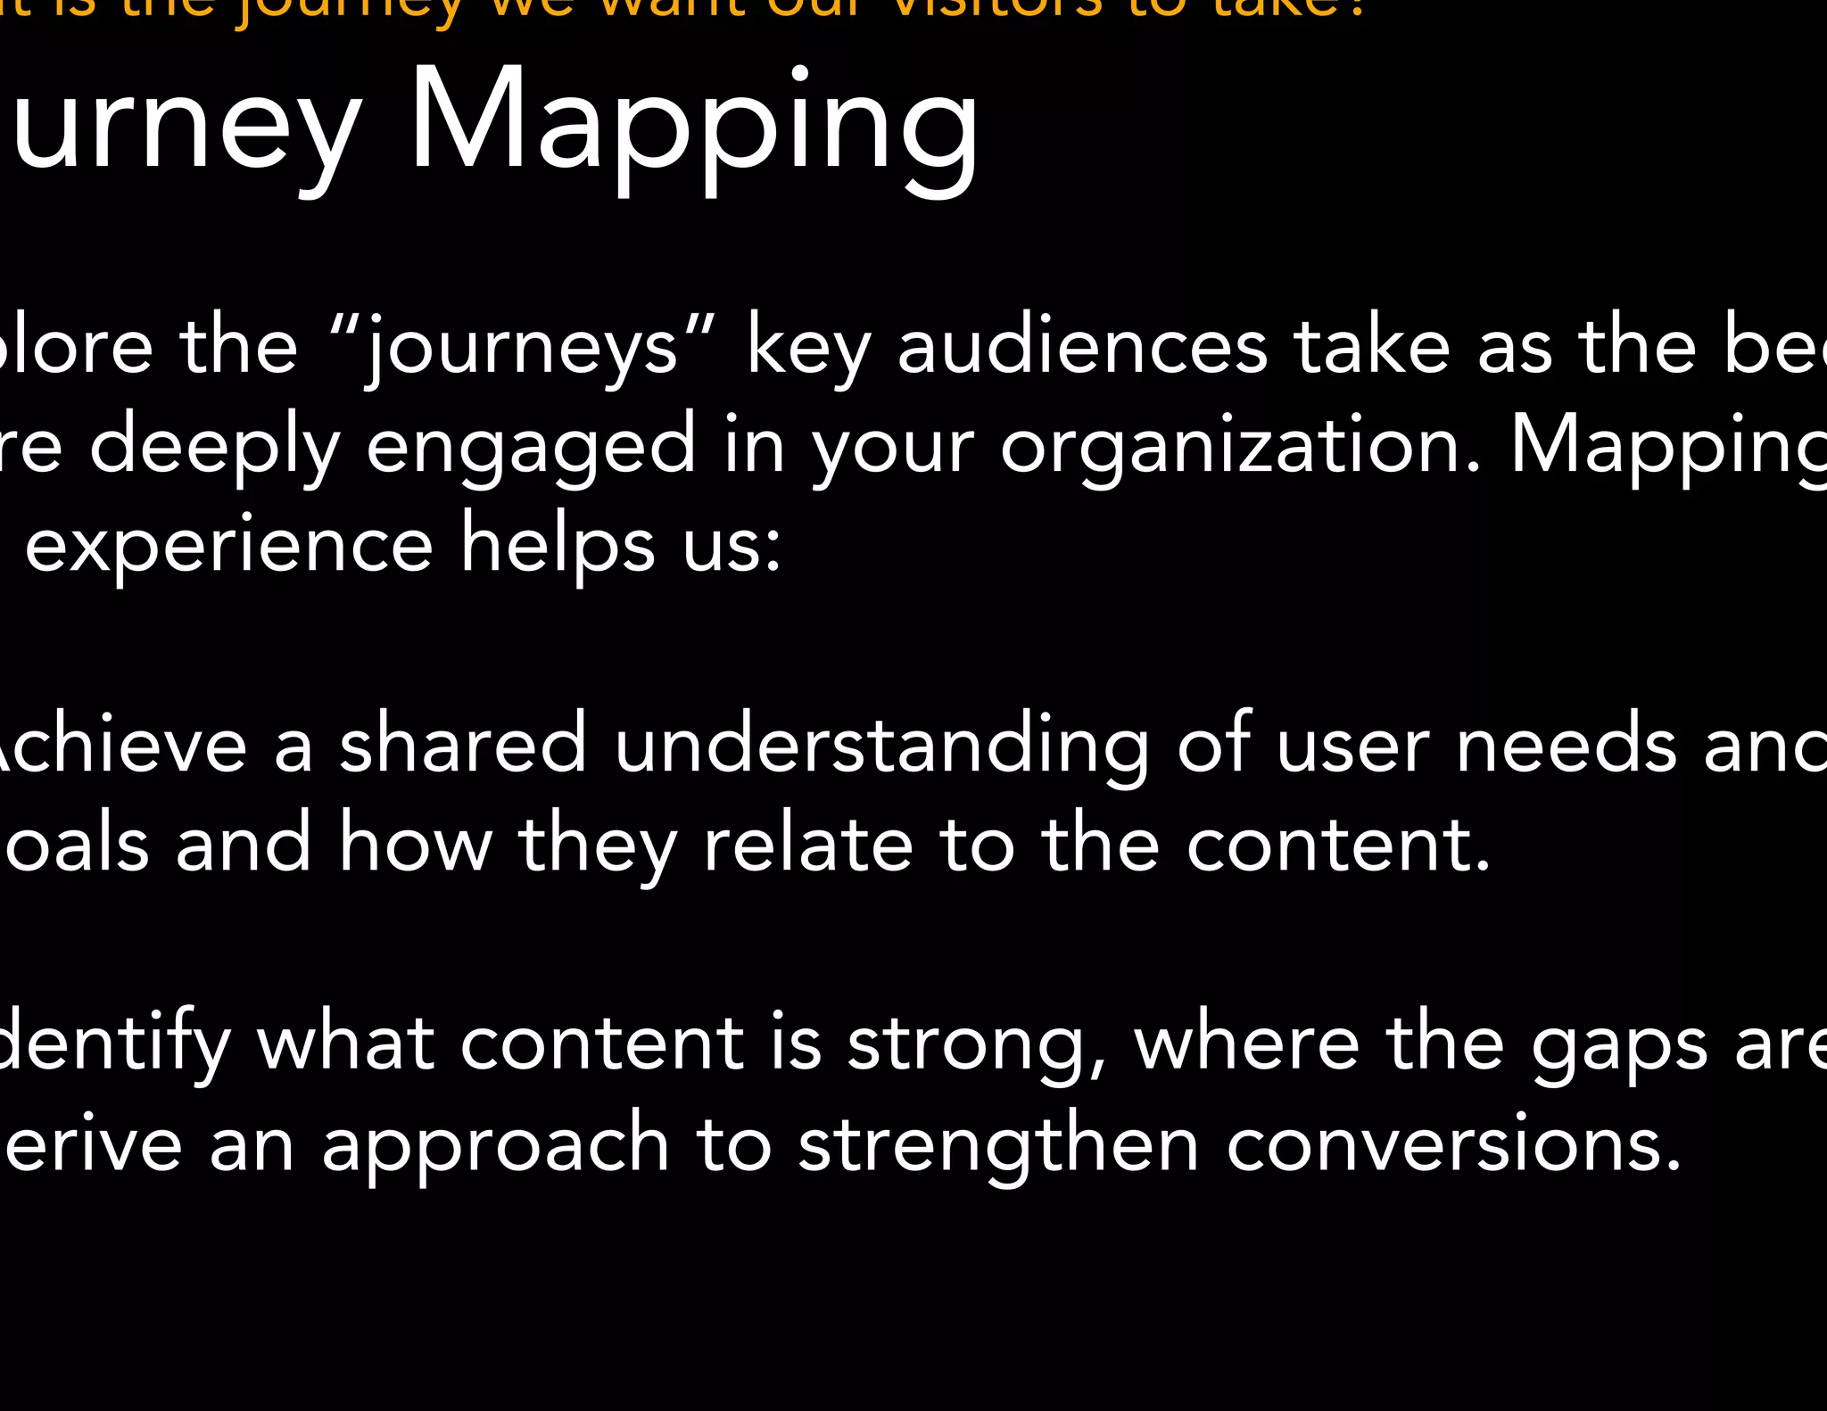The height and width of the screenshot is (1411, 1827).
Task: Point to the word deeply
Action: [x=214, y=447]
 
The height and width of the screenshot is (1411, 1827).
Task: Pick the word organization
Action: [x=1240, y=447]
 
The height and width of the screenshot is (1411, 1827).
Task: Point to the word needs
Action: [x=1566, y=745]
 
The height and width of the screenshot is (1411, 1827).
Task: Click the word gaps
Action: [x=1619, y=1046]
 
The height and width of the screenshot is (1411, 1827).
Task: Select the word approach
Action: [x=495, y=1146]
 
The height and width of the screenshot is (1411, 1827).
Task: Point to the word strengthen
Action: [x=998, y=1146]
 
